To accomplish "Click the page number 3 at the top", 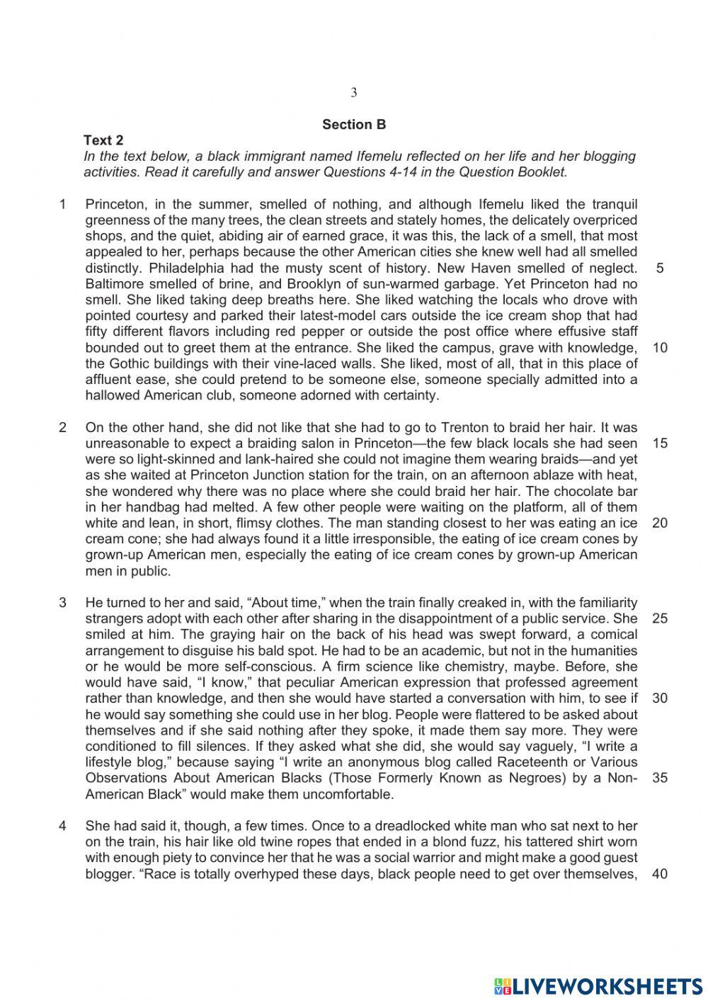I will click(354, 93).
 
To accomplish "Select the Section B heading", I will click(354, 125).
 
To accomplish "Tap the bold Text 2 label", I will click(103, 140).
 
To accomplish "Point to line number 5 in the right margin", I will click(660, 268).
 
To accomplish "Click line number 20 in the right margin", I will click(660, 523).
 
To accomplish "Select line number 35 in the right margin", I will click(660, 778).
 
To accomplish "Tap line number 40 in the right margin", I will click(660, 873).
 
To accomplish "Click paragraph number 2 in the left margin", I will click(63, 427).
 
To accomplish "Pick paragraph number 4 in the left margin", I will click(63, 825).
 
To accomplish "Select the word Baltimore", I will click(115, 284).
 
